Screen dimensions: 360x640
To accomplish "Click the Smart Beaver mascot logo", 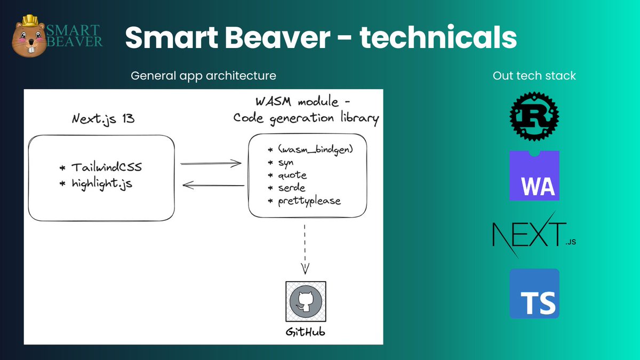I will tap(30, 36).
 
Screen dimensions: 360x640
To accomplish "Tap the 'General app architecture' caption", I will tap(203, 76).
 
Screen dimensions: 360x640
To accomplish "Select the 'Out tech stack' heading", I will tap(534, 76).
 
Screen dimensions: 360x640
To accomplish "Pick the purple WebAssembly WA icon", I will tap(534, 175).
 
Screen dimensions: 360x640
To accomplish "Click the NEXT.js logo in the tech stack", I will tap(534, 235).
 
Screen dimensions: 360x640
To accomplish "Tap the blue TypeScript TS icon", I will tap(534, 293).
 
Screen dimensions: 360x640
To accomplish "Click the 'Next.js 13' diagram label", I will tap(102, 119).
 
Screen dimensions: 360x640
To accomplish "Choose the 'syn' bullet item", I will tap(286, 162).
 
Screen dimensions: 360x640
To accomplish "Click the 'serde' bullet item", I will tap(291, 188).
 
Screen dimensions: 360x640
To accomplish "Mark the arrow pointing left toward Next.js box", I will tap(213, 186).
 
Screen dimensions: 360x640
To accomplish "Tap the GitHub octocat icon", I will tap(306, 301).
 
